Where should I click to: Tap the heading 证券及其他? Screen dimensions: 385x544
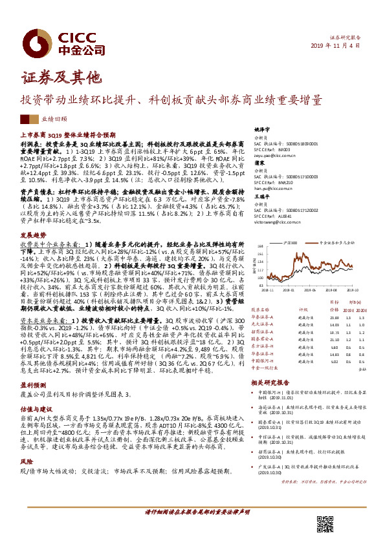[62, 78]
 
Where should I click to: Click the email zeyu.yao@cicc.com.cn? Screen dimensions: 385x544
[275, 156]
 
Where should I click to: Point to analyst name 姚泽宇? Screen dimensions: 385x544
[261, 129]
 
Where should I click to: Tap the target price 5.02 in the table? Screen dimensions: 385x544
[334, 362]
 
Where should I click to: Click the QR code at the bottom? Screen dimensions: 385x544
[324, 523]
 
